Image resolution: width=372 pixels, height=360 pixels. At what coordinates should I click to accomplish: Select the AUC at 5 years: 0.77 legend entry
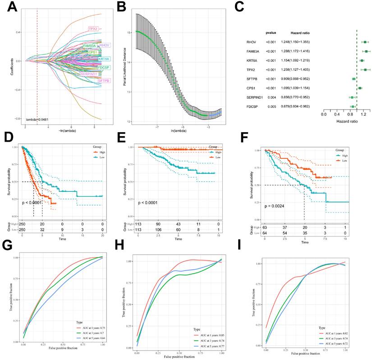coord(211,347)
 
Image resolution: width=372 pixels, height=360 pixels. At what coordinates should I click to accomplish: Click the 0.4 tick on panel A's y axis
coord(18,32)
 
